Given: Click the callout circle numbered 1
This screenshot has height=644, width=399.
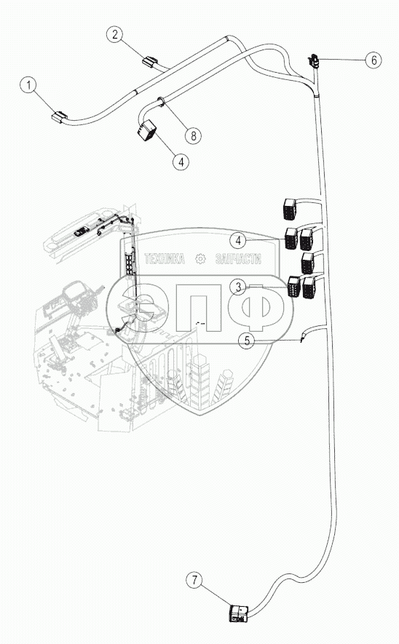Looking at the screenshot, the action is (x=28, y=85).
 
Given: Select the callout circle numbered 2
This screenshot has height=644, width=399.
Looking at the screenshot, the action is (x=115, y=34).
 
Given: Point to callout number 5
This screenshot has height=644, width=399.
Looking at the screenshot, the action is (x=247, y=341).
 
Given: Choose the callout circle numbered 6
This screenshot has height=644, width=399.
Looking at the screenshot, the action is (x=374, y=60).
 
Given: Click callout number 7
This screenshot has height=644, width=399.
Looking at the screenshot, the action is (x=194, y=580).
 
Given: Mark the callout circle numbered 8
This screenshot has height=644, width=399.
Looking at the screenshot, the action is (x=193, y=135).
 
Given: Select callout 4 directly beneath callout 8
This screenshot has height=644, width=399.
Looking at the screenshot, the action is (x=181, y=162).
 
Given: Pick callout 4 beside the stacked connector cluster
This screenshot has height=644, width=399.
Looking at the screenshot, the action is (x=238, y=241).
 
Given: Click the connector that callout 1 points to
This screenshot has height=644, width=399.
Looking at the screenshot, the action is (x=59, y=116).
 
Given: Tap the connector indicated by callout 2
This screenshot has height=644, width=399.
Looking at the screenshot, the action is (x=149, y=61).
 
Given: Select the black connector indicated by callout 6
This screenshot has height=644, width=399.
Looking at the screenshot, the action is (x=313, y=61).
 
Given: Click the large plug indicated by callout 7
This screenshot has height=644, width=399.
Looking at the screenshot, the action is (x=239, y=613).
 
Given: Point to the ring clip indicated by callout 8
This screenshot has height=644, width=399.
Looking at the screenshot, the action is (x=161, y=101).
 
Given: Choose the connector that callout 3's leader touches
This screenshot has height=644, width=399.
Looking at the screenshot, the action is (x=294, y=286).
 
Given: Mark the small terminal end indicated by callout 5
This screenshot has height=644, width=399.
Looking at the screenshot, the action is (x=302, y=338).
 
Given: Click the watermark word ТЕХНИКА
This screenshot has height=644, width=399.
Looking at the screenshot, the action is (x=165, y=259).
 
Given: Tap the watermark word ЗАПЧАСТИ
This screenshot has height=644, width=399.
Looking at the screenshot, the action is (x=238, y=259).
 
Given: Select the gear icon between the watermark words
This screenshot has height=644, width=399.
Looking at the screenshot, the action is (x=200, y=259).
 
